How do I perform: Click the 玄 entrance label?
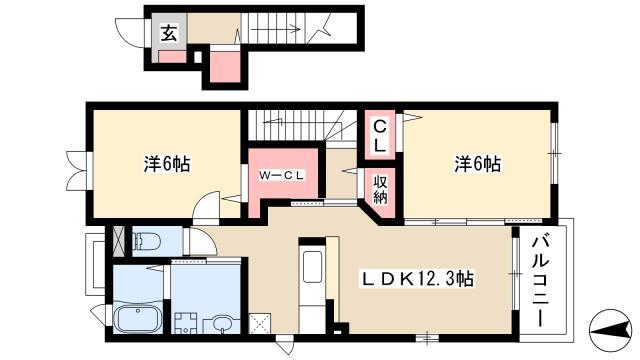(168, 33)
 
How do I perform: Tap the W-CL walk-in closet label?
(282, 176)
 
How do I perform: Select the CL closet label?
(380, 136)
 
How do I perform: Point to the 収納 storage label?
(380, 189)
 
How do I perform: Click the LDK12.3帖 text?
(418, 279)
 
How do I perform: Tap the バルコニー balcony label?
(540, 282)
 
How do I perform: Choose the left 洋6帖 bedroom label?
(167, 164)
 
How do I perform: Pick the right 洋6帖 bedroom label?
(478, 164)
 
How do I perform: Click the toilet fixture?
(147, 241)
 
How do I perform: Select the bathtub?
(137, 319)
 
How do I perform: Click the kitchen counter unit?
(312, 286)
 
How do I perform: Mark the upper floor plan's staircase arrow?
(275, 29)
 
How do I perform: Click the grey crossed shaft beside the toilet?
(118, 241)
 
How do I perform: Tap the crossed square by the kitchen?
(260, 323)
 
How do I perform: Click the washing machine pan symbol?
(186, 323)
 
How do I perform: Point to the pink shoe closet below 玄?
(172, 57)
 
